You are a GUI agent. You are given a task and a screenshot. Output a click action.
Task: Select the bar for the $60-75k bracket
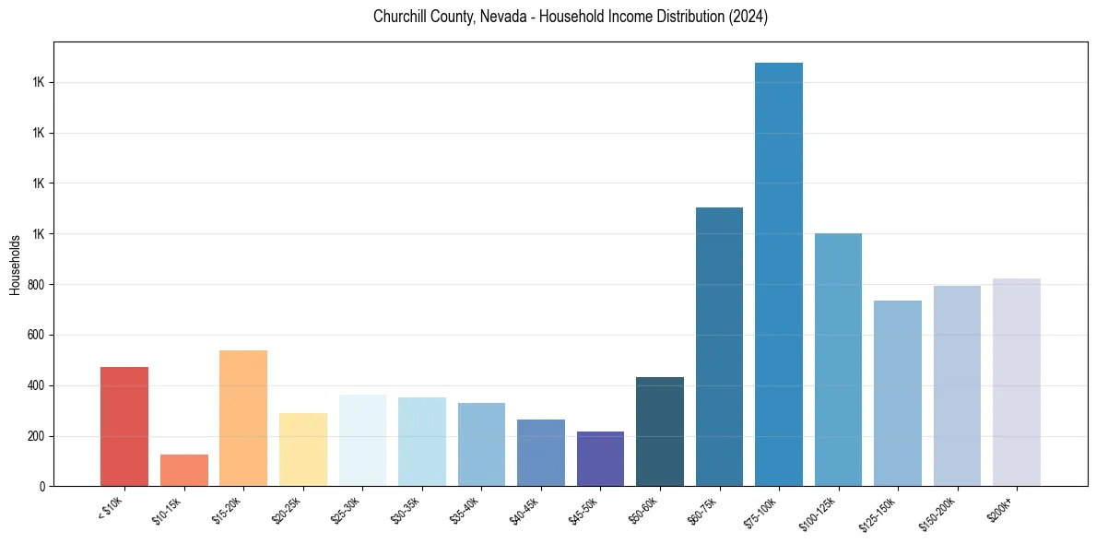(x=719, y=347)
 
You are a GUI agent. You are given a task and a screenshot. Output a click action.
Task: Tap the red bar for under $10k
(x=124, y=426)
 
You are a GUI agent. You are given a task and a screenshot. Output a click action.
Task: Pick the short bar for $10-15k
(x=183, y=470)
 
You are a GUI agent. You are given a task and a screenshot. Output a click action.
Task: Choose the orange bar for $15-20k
(x=243, y=418)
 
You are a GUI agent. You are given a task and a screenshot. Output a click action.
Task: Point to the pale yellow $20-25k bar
(x=302, y=449)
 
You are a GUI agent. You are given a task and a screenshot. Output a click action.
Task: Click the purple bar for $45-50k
(x=600, y=458)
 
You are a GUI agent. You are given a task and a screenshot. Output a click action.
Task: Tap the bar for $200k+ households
(x=1016, y=382)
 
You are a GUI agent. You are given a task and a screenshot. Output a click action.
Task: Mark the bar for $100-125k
(x=838, y=360)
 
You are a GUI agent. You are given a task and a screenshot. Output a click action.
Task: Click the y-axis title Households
(x=15, y=265)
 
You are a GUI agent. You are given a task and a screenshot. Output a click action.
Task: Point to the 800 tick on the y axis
(x=39, y=285)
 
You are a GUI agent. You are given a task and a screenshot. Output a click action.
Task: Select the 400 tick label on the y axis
(x=39, y=385)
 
